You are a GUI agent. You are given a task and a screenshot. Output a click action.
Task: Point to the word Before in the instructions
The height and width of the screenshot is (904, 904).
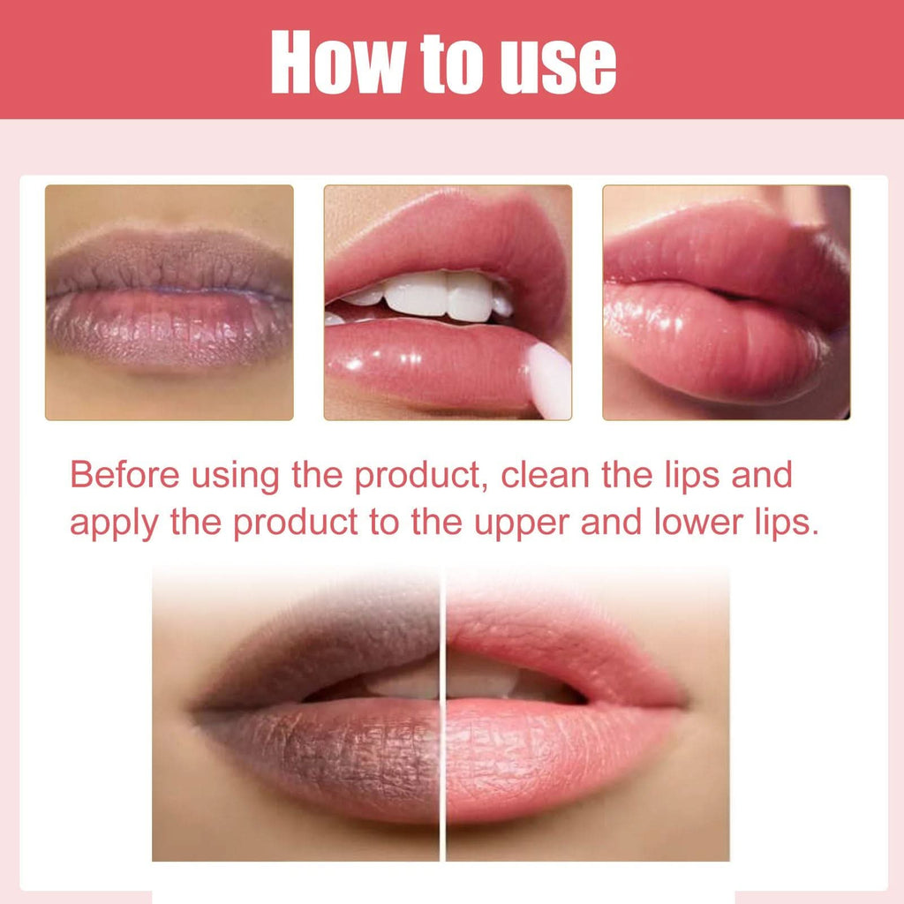coord(120,476)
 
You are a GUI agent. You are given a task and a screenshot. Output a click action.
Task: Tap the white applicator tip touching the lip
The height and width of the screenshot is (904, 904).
coord(549,380)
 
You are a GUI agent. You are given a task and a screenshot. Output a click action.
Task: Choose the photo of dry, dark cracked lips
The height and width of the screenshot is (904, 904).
coord(169,302)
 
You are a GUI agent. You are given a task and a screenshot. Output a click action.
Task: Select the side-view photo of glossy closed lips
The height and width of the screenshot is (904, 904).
coord(726,302)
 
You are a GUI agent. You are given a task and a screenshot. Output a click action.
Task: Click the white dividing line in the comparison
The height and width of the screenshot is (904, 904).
coord(442,715)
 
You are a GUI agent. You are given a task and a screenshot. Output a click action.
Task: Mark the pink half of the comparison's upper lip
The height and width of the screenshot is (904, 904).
coord(547,631)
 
